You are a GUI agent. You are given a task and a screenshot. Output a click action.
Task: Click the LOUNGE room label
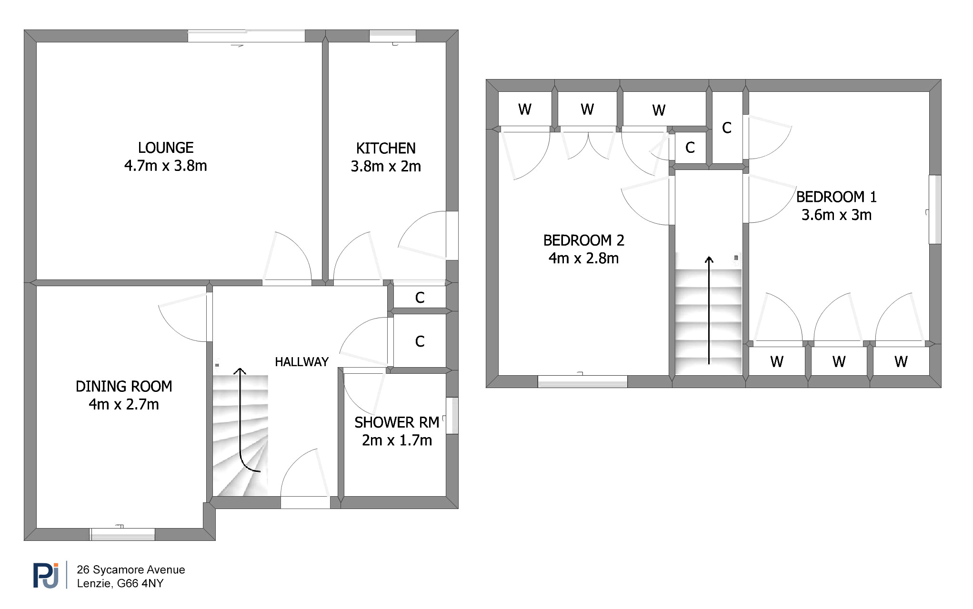point(166,148)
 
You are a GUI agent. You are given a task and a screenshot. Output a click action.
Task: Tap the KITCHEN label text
point(386,149)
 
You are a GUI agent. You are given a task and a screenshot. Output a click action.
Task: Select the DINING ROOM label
point(124,386)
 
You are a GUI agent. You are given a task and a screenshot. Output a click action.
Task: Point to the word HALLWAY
point(302,362)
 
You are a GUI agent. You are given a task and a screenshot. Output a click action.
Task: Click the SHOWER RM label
point(397,422)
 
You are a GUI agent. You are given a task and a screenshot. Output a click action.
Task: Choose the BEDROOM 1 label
point(836,197)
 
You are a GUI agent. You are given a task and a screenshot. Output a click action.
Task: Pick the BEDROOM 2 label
point(584,240)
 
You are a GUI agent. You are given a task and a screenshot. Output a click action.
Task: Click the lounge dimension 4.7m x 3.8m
point(166,166)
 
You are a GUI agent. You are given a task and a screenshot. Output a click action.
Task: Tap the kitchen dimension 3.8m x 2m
point(386,167)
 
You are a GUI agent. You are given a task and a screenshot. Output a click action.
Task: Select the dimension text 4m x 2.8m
point(584,258)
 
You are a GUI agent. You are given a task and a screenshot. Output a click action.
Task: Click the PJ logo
point(46,575)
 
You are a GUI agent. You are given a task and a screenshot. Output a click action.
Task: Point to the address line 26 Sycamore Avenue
point(131,569)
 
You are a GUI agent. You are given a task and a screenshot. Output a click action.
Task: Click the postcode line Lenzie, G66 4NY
point(120,583)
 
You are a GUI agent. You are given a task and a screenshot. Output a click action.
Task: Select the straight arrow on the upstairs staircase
point(709,310)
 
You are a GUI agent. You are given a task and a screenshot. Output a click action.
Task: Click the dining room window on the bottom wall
point(123,534)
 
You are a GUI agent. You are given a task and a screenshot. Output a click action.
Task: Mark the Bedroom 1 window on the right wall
point(935,210)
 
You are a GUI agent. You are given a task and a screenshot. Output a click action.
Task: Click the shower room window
point(452,416)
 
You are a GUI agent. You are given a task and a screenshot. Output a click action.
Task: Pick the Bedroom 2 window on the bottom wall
point(582,381)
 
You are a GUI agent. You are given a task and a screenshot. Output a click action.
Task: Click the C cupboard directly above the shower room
point(420,341)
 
